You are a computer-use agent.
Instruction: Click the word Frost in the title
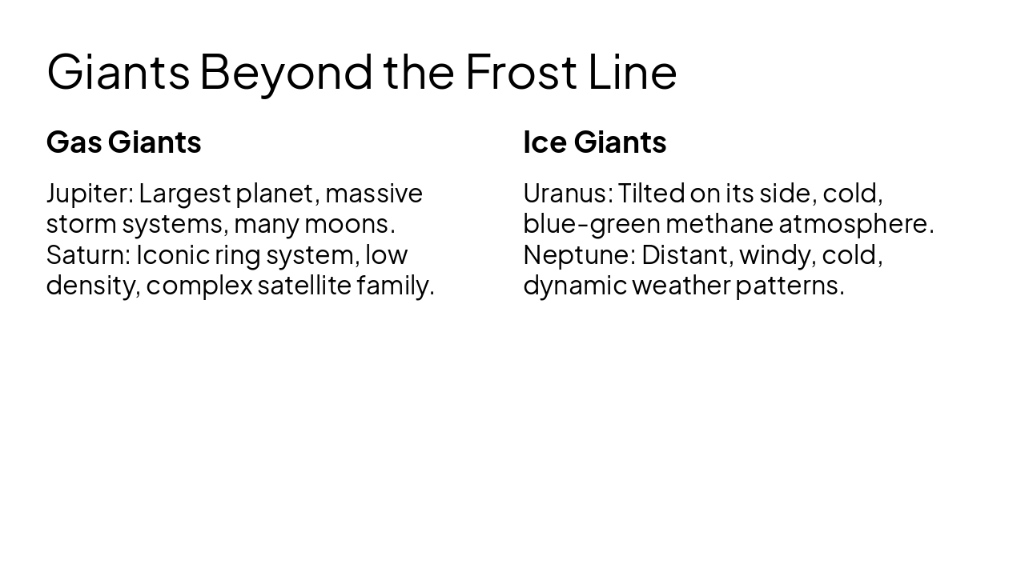[x=521, y=71]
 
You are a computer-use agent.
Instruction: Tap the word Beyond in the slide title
[x=286, y=71]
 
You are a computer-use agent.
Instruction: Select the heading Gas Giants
[x=123, y=142]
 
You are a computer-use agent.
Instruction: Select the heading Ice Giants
[x=594, y=142]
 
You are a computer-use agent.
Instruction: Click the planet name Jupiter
[x=88, y=193]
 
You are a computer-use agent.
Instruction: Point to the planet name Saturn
[x=87, y=254]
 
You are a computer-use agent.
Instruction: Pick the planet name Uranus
[x=567, y=193]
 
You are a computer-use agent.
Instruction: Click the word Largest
[x=184, y=193]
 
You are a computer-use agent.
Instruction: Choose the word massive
[x=373, y=193]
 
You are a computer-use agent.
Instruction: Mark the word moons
[x=349, y=223]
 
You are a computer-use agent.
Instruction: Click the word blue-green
[x=591, y=223]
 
